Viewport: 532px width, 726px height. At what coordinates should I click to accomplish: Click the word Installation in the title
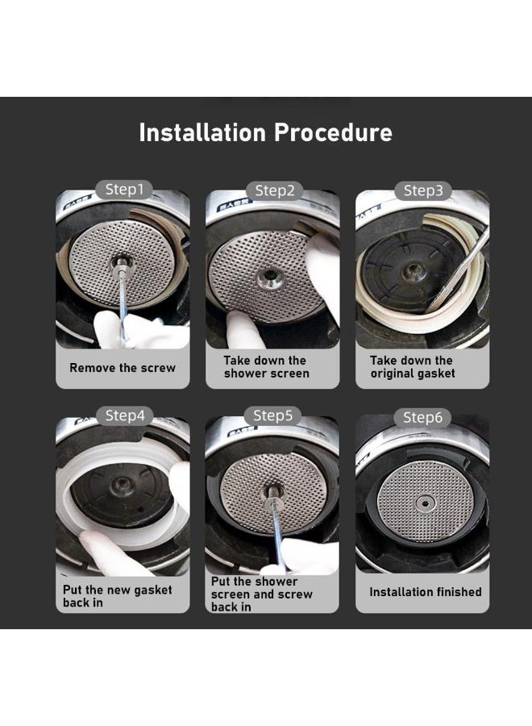tap(202, 132)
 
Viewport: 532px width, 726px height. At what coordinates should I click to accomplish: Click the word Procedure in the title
tap(333, 132)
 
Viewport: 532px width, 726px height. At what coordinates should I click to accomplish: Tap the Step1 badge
tap(124, 190)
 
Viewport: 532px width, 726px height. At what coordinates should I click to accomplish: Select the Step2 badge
tap(274, 190)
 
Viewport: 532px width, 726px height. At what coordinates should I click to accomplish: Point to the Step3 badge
tap(423, 190)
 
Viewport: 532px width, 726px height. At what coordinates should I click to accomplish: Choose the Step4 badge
tap(125, 415)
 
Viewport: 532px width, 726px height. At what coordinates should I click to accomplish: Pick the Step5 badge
tap(273, 415)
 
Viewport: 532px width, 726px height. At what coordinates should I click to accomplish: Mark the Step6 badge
tap(422, 417)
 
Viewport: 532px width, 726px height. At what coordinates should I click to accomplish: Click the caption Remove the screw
tap(123, 368)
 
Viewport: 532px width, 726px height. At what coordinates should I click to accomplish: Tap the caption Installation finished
tap(425, 592)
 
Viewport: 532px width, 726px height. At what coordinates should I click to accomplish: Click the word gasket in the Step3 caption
tap(434, 373)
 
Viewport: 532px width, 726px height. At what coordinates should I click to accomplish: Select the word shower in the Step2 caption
tap(245, 373)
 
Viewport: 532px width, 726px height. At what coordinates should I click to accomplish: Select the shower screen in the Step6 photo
tap(424, 503)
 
